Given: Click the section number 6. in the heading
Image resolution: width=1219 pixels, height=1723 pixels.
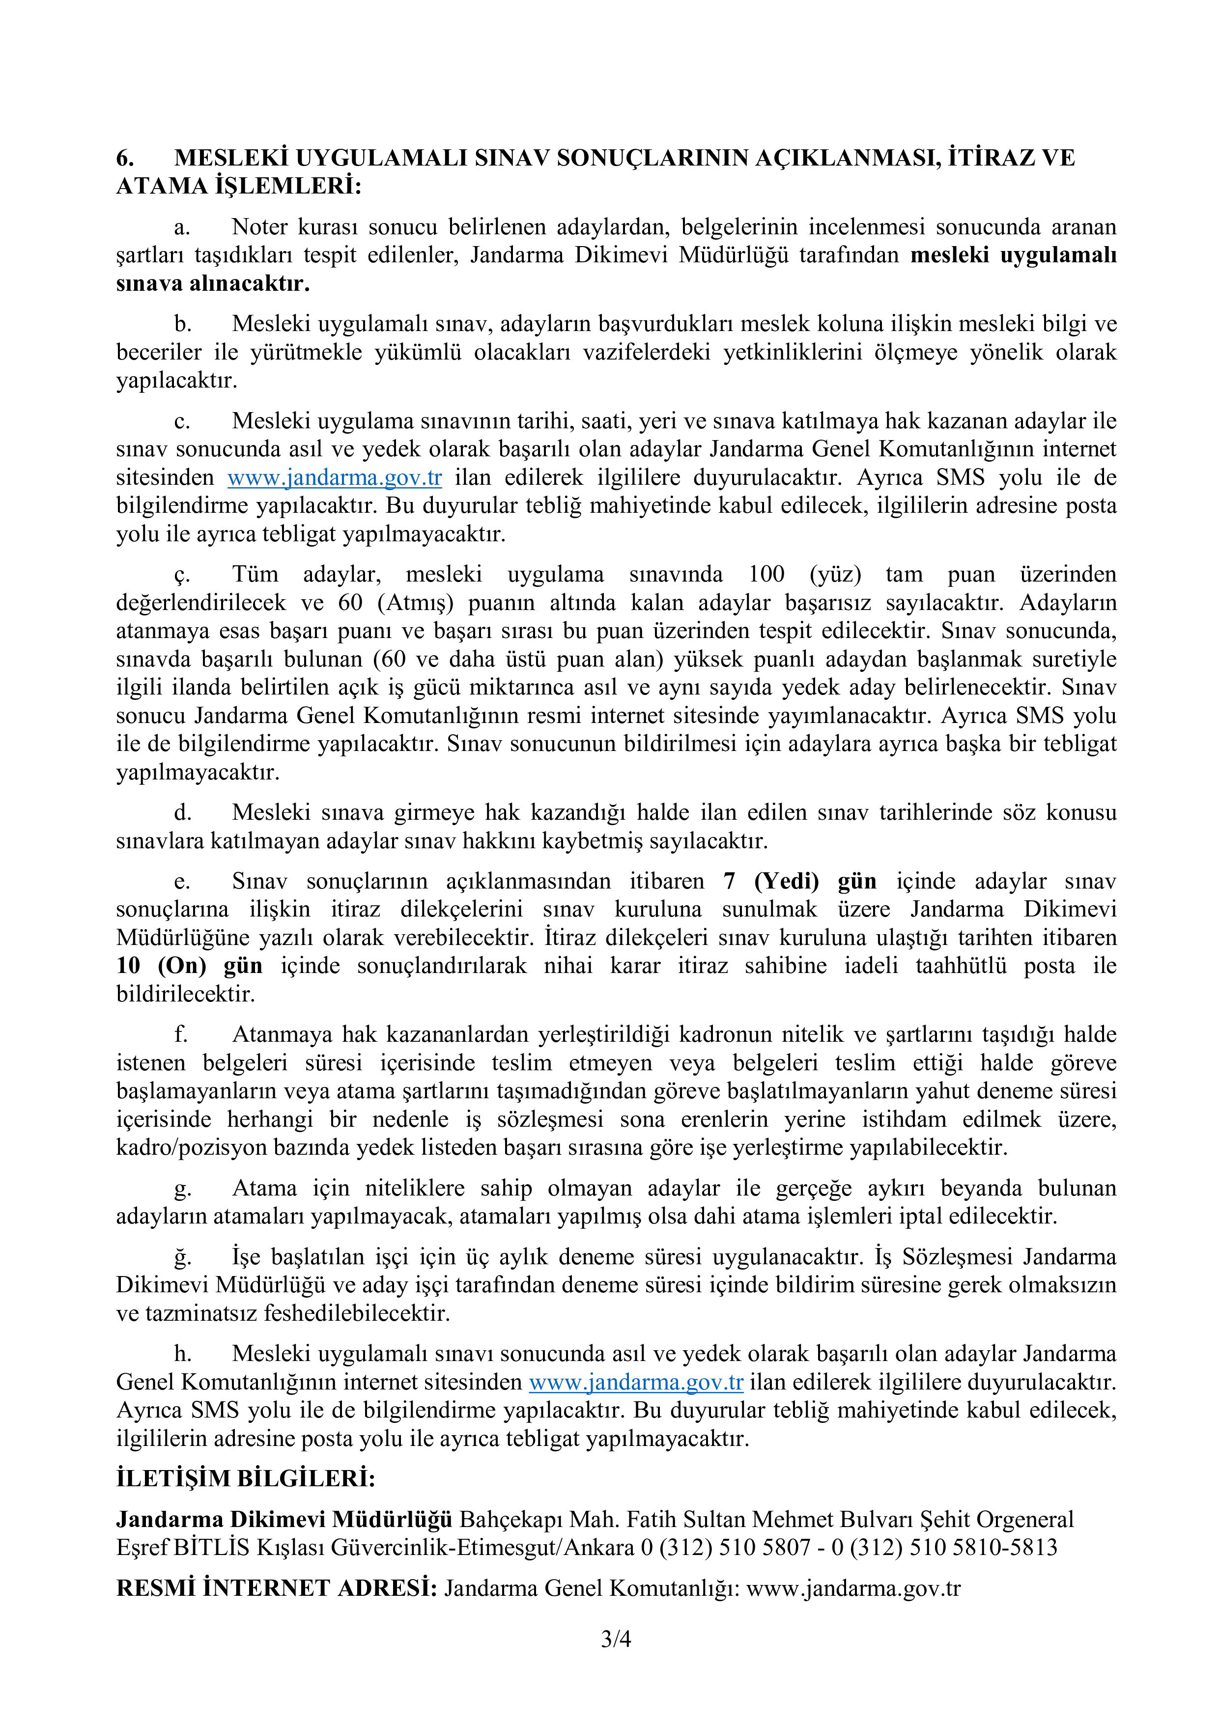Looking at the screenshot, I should (x=125, y=158).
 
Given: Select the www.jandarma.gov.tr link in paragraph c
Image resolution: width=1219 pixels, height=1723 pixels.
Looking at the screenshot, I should (x=335, y=477).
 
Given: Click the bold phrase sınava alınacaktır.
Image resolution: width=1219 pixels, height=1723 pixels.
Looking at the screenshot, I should (x=213, y=284).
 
